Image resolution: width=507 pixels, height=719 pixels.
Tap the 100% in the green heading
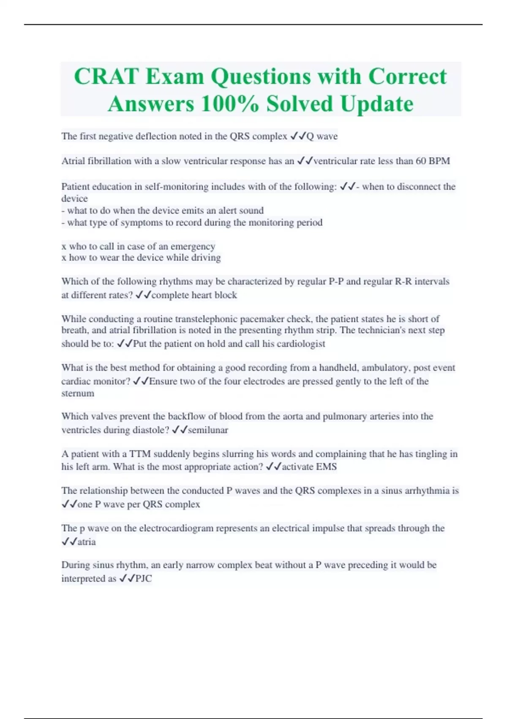pos(229,104)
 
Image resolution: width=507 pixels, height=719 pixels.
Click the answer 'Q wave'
pos(322,136)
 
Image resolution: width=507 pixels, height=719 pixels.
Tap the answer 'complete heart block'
pos(194,295)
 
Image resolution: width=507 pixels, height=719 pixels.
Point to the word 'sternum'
pos(78,393)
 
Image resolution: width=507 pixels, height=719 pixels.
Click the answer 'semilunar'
pos(208,430)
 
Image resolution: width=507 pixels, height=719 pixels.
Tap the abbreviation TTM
pos(140,454)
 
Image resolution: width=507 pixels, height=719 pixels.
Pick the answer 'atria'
pos(87,542)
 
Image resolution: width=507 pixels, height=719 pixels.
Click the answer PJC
pos(144,579)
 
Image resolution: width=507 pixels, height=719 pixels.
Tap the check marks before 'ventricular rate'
pos(305,161)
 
